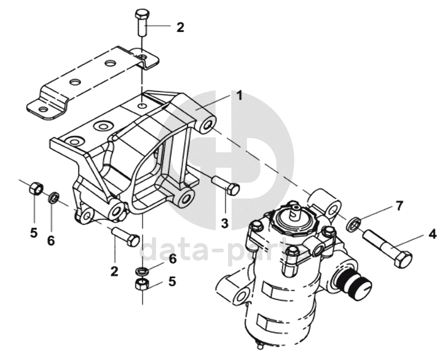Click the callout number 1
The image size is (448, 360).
(240, 95)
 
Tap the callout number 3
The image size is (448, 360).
(225, 224)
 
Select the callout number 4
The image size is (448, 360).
(433, 234)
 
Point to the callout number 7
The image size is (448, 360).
(399, 206)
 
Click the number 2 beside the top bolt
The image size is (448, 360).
(180, 28)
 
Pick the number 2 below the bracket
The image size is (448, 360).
(114, 271)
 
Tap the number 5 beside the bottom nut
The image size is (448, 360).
(172, 282)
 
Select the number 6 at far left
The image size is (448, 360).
(51, 241)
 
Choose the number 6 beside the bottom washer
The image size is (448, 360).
(173, 259)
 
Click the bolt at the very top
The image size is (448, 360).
(142, 23)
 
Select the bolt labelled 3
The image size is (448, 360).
(226, 185)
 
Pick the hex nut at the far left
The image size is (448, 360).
(37, 188)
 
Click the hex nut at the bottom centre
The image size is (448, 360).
(142, 284)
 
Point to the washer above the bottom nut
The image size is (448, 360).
(142, 270)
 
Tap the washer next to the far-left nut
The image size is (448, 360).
(53, 198)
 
